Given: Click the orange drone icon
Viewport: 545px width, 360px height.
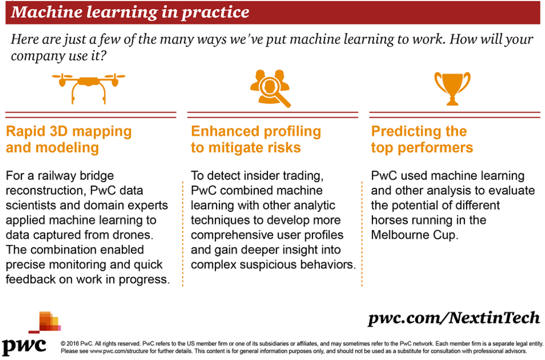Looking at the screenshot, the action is (88, 82).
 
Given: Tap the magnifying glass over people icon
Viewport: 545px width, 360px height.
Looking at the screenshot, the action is (270, 88).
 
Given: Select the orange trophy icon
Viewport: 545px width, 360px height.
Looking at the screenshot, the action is (452, 88).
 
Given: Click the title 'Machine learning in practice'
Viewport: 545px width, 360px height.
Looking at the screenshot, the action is (130, 12).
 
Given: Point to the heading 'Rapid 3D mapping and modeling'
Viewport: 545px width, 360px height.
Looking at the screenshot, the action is (69, 139).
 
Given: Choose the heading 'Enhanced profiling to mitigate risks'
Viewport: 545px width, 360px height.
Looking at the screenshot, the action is (256, 139).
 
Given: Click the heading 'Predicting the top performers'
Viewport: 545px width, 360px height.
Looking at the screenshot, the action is (422, 139).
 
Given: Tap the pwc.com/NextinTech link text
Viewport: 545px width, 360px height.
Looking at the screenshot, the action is (454, 318).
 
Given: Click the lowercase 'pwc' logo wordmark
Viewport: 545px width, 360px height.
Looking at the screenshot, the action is (24, 346).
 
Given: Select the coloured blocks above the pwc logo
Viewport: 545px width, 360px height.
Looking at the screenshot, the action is (45, 322).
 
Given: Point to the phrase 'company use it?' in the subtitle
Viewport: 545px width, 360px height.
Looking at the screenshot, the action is (59, 56).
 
